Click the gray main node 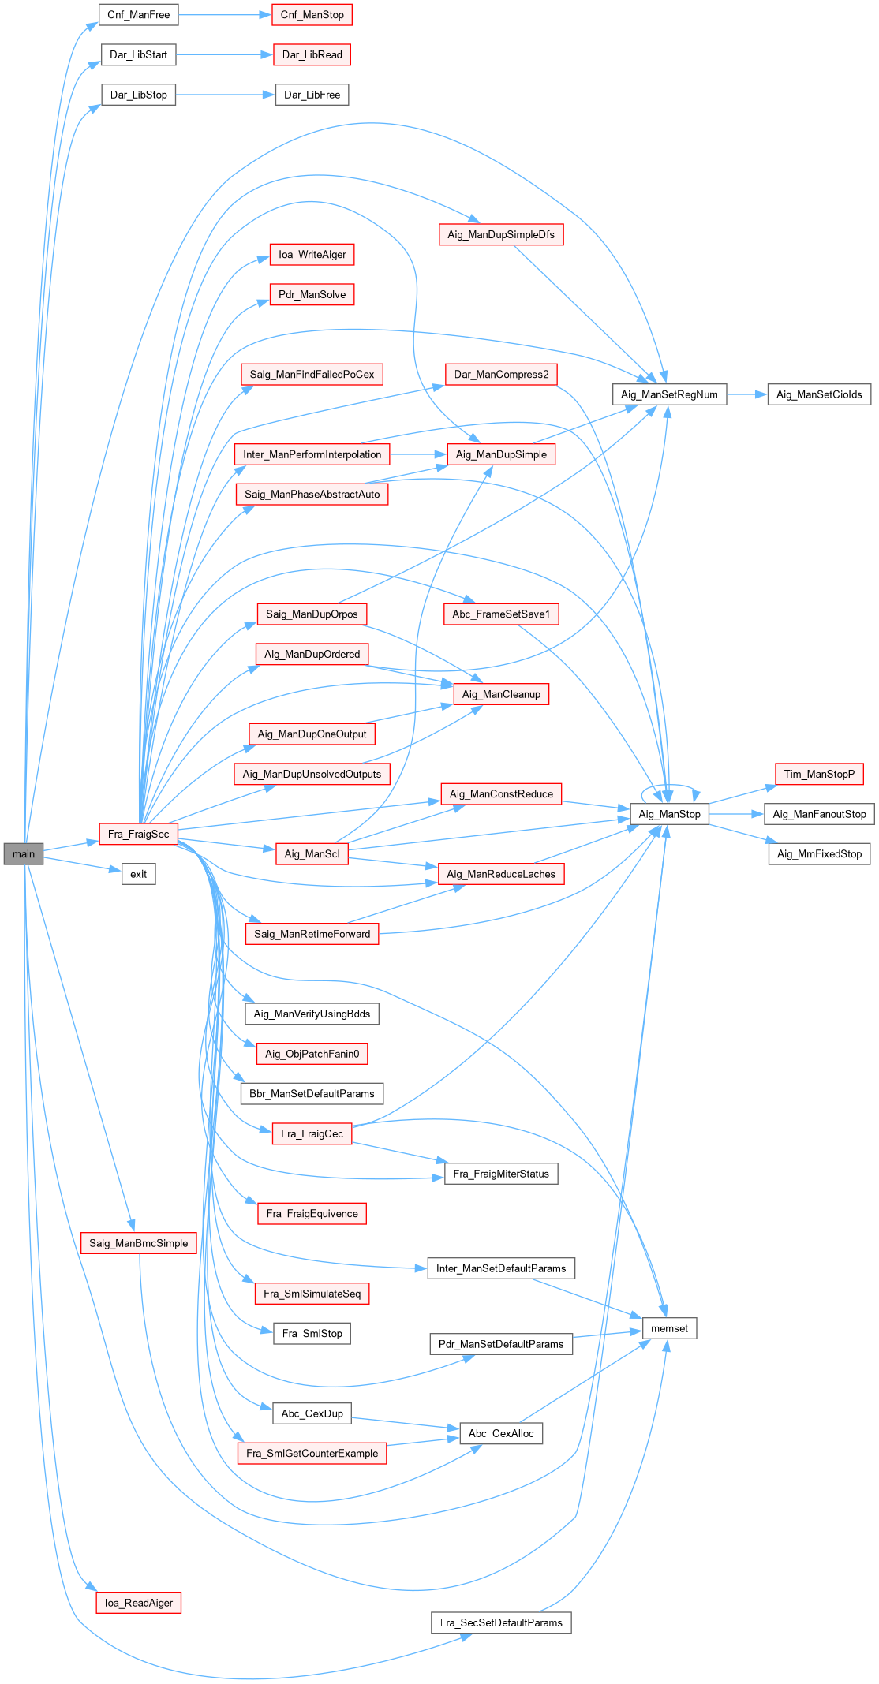(24, 853)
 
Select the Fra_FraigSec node (139, 834)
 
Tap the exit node (139, 874)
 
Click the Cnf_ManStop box (312, 15)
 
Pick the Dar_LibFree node (312, 95)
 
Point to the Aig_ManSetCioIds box (819, 394)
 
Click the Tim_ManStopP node (819, 774)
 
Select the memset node (669, 1328)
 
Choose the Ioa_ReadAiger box (139, 1603)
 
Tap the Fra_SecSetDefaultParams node (501, 1622)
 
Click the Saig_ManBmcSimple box (139, 1243)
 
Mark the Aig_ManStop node (669, 814)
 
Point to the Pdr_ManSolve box (312, 294)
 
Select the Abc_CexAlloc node (501, 1433)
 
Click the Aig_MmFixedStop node (819, 853)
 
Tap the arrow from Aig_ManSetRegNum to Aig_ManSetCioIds (746, 394)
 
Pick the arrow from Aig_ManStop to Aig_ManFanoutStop (736, 814)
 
